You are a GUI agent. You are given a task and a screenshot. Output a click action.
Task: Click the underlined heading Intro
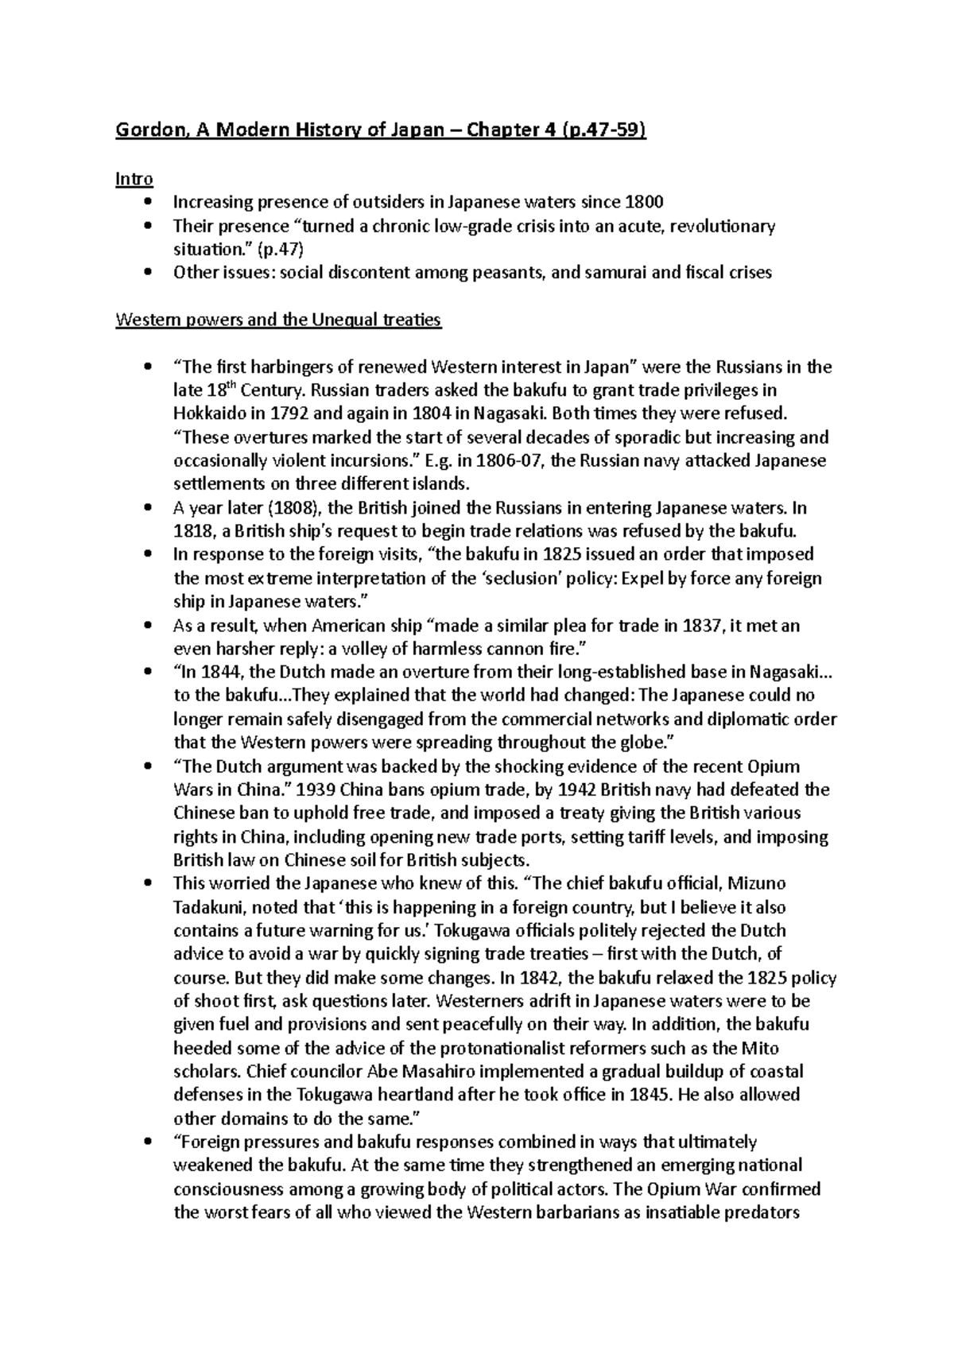tap(134, 179)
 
